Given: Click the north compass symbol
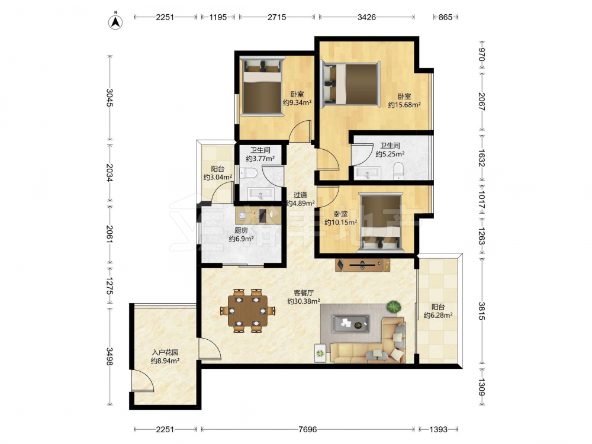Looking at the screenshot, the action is [x=116, y=22].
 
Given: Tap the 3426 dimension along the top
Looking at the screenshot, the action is [x=366, y=17].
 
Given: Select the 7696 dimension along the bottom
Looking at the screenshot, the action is [x=307, y=429].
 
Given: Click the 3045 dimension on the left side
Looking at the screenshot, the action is [x=110, y=98].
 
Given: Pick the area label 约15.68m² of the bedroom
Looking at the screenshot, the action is [x=404, y=105].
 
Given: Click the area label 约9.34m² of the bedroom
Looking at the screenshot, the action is [x=297, y=102].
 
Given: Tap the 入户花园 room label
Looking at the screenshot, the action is [x=165, y=352].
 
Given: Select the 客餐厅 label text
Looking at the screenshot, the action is [x=304, y=292].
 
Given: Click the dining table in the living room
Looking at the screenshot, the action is [x=247, y=311].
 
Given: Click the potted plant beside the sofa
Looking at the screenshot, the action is [x=394, y=307].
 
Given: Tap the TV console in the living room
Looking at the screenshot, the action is [x=362, y=265].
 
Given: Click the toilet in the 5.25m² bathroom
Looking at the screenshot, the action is [x=398, y=171].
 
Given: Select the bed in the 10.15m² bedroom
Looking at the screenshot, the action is [x=381, y=223].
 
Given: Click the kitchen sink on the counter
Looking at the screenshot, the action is [x=242, y=215].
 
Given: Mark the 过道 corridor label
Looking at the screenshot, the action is [x=300, y=195].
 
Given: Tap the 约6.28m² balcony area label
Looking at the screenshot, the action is [x=438, y=316].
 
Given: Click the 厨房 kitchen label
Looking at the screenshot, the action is [x=241, y=230].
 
